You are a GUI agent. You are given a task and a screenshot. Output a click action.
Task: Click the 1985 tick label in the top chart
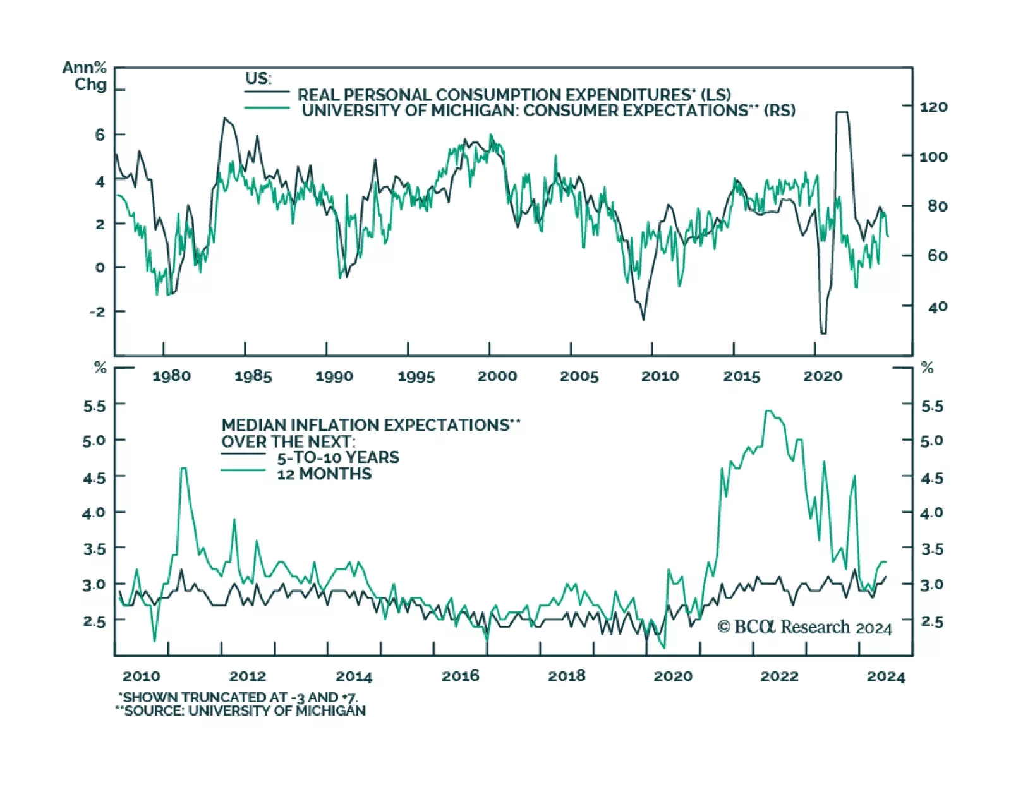pos(253,376)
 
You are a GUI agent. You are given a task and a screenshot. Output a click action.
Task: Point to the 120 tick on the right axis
pos(933,107)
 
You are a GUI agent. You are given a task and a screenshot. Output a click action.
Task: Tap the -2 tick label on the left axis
pos(97,312)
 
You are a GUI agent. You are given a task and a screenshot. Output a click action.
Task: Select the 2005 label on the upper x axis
pos(579,376)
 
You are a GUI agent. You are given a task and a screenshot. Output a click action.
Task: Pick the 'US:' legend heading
pos(258,79)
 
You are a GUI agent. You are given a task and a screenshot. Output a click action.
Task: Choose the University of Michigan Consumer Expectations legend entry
pos(548,111)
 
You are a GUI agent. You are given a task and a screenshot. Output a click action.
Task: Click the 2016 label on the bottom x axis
pos(460,676)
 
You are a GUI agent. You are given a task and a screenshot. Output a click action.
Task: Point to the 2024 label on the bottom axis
pos(885,677)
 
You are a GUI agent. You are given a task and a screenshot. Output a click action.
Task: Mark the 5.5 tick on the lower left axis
pos(94,406)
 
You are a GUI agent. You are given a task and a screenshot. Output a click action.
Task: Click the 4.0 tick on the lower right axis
pos(932,513)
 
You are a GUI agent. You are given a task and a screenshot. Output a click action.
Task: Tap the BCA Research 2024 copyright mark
pos(804,627)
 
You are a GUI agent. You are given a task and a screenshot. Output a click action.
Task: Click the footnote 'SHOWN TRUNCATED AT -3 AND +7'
pos(238,697)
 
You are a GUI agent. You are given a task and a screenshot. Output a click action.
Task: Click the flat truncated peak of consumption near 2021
pos(842,112)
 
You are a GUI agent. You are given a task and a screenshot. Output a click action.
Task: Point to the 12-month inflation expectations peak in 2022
pos(768,411)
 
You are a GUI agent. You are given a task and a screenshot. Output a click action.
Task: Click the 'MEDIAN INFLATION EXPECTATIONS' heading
pos(370,425)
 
